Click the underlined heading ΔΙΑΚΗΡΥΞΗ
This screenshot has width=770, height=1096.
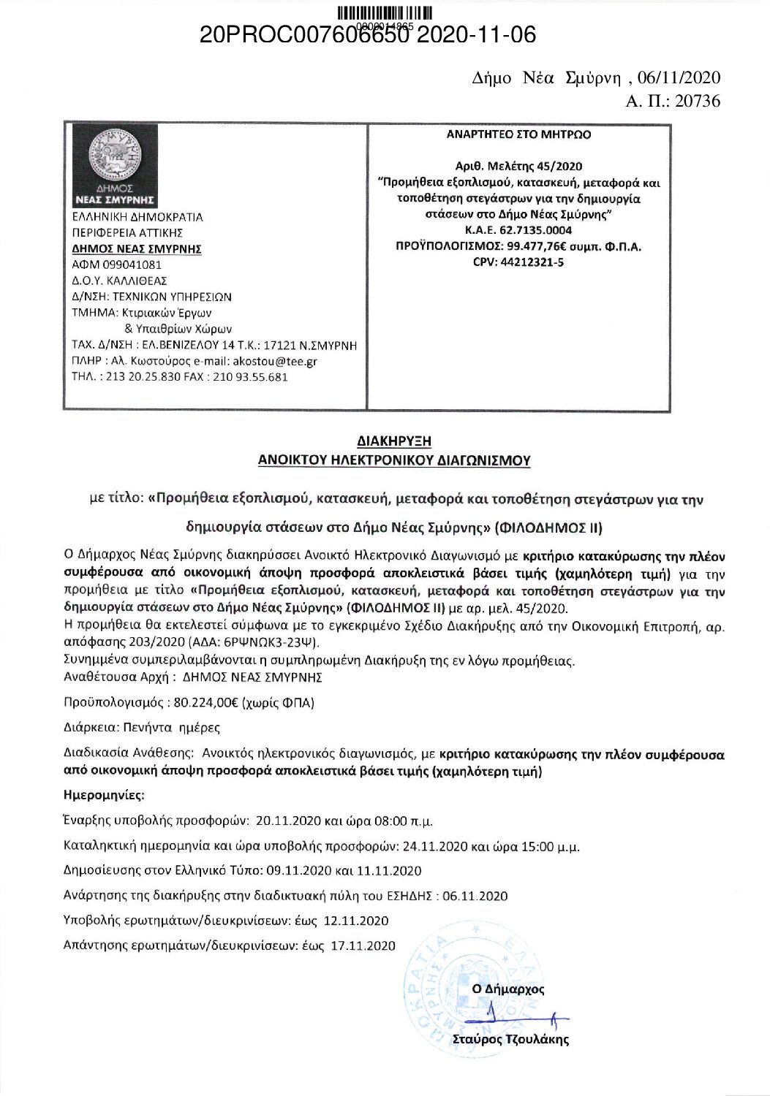tap(394, 441)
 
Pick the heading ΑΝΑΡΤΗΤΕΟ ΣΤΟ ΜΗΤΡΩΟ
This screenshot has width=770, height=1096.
tap(518, 134)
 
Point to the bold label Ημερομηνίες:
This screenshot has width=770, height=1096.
tap(105, 794)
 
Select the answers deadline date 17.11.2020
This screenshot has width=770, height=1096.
tap(363, 945)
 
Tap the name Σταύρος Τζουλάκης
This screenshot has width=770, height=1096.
tap(510, 1040)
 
